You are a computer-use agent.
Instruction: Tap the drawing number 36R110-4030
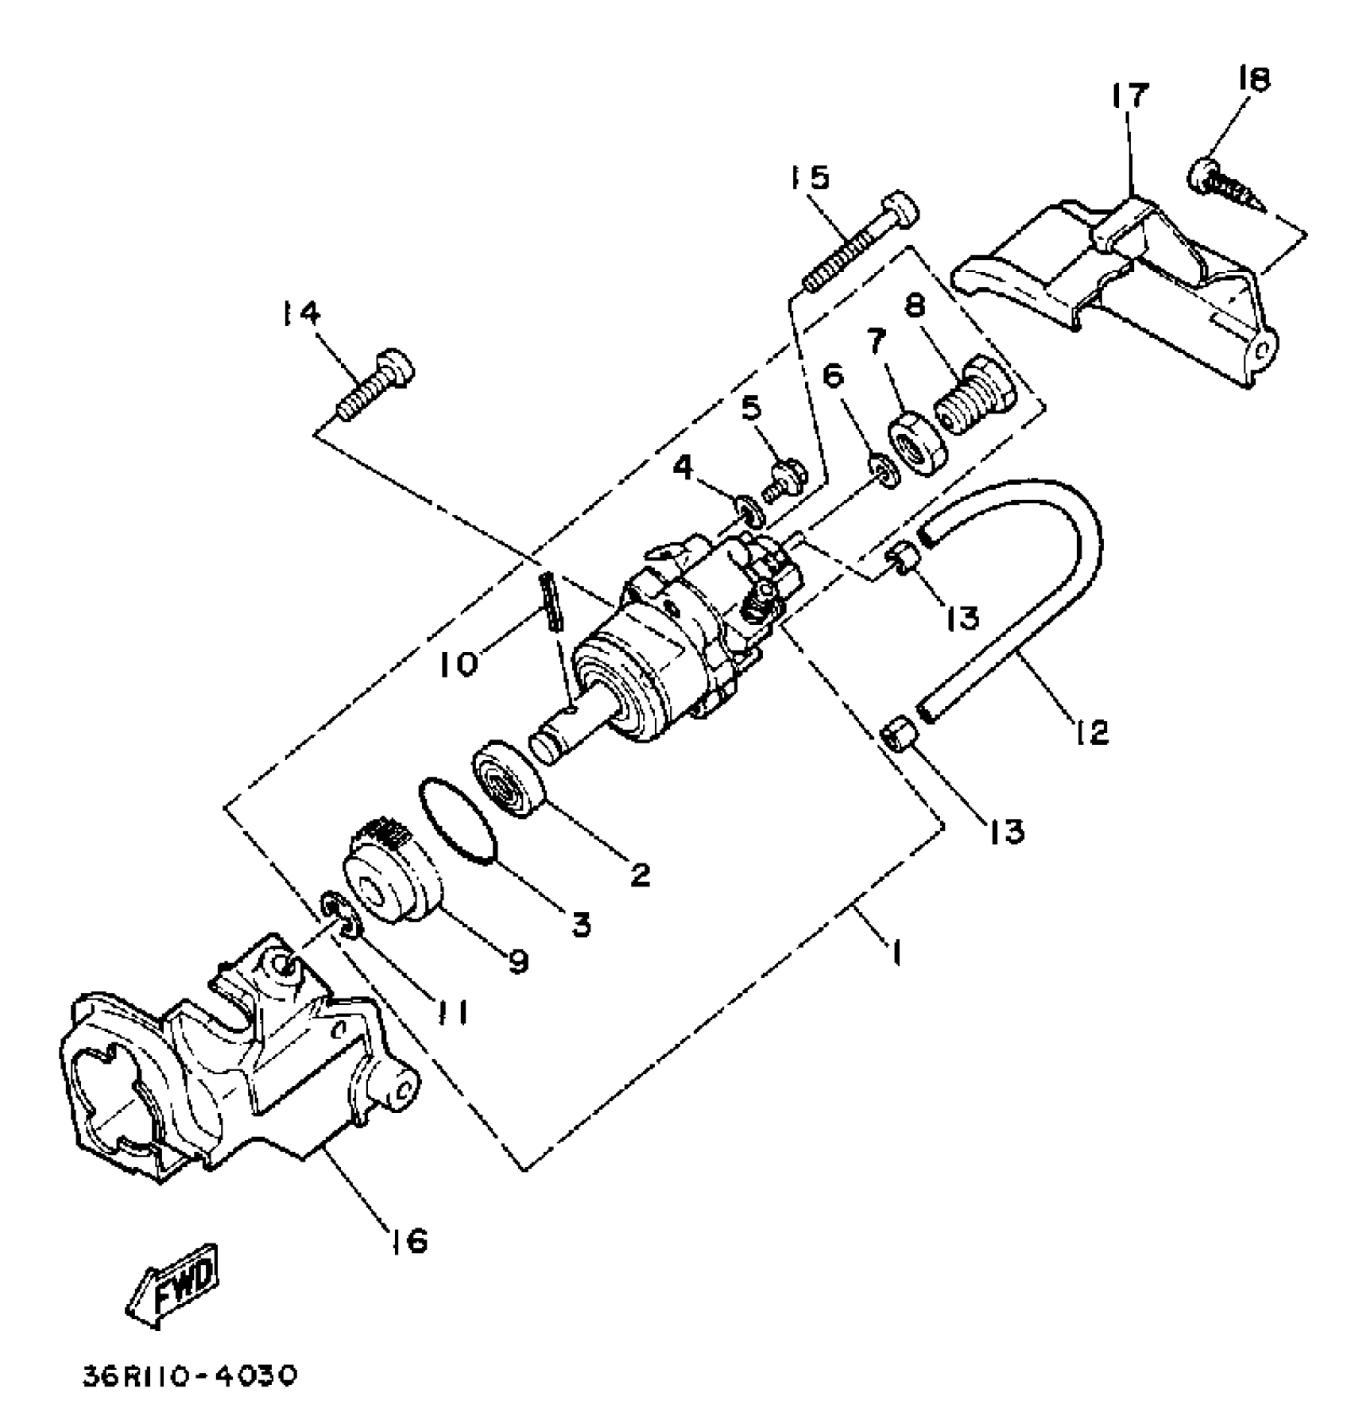tap(190, 1375)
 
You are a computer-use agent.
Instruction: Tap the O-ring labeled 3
tap(457, 819)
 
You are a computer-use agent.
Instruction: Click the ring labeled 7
tap(917, 445)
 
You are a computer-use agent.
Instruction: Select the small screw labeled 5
tap(785, 480)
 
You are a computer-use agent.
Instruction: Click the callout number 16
tap(407, 1239)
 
